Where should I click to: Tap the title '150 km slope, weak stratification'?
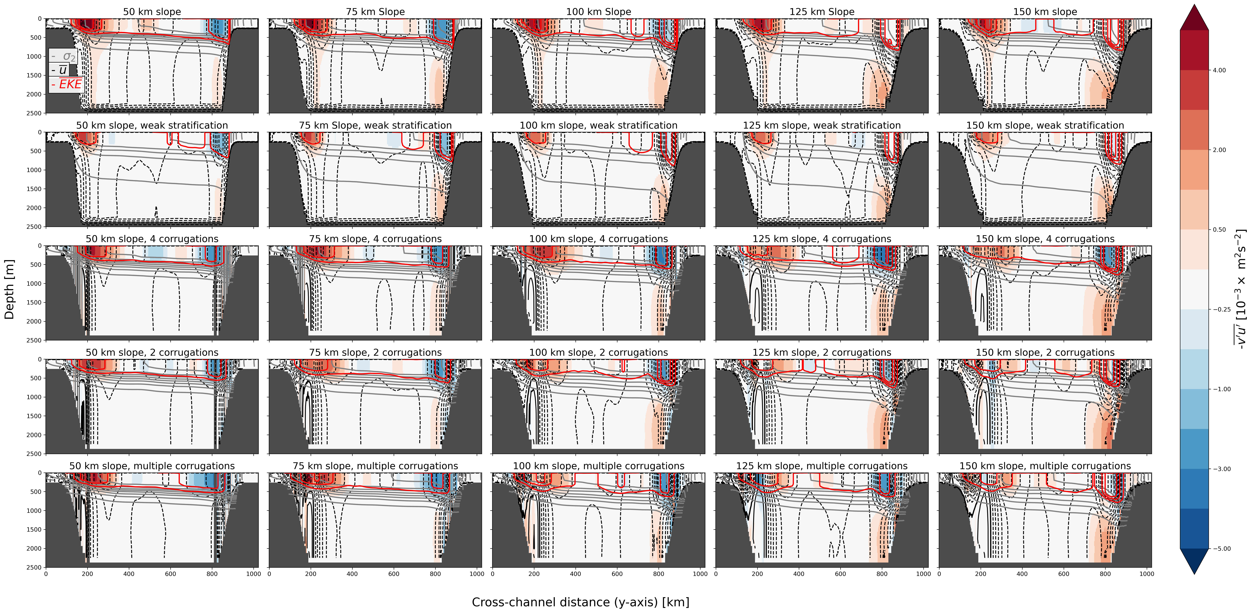1045,125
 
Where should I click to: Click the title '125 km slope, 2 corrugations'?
822,353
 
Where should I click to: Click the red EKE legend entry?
67,85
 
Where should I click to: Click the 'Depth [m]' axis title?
9,290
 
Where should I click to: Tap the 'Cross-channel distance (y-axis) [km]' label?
580,602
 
